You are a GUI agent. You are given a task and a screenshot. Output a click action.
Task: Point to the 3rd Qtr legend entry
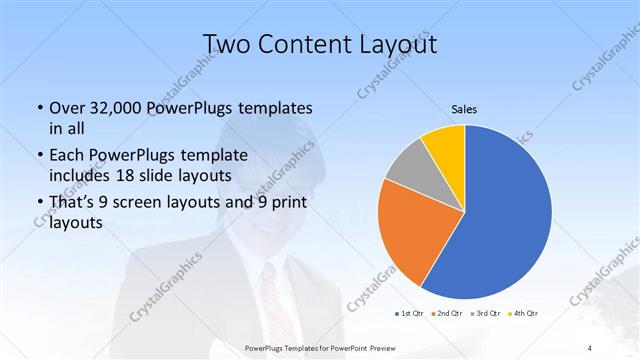(487, 314)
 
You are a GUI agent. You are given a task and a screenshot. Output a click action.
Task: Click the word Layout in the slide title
(392, 44)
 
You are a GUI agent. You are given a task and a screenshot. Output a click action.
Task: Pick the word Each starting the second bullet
(66, 154)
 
